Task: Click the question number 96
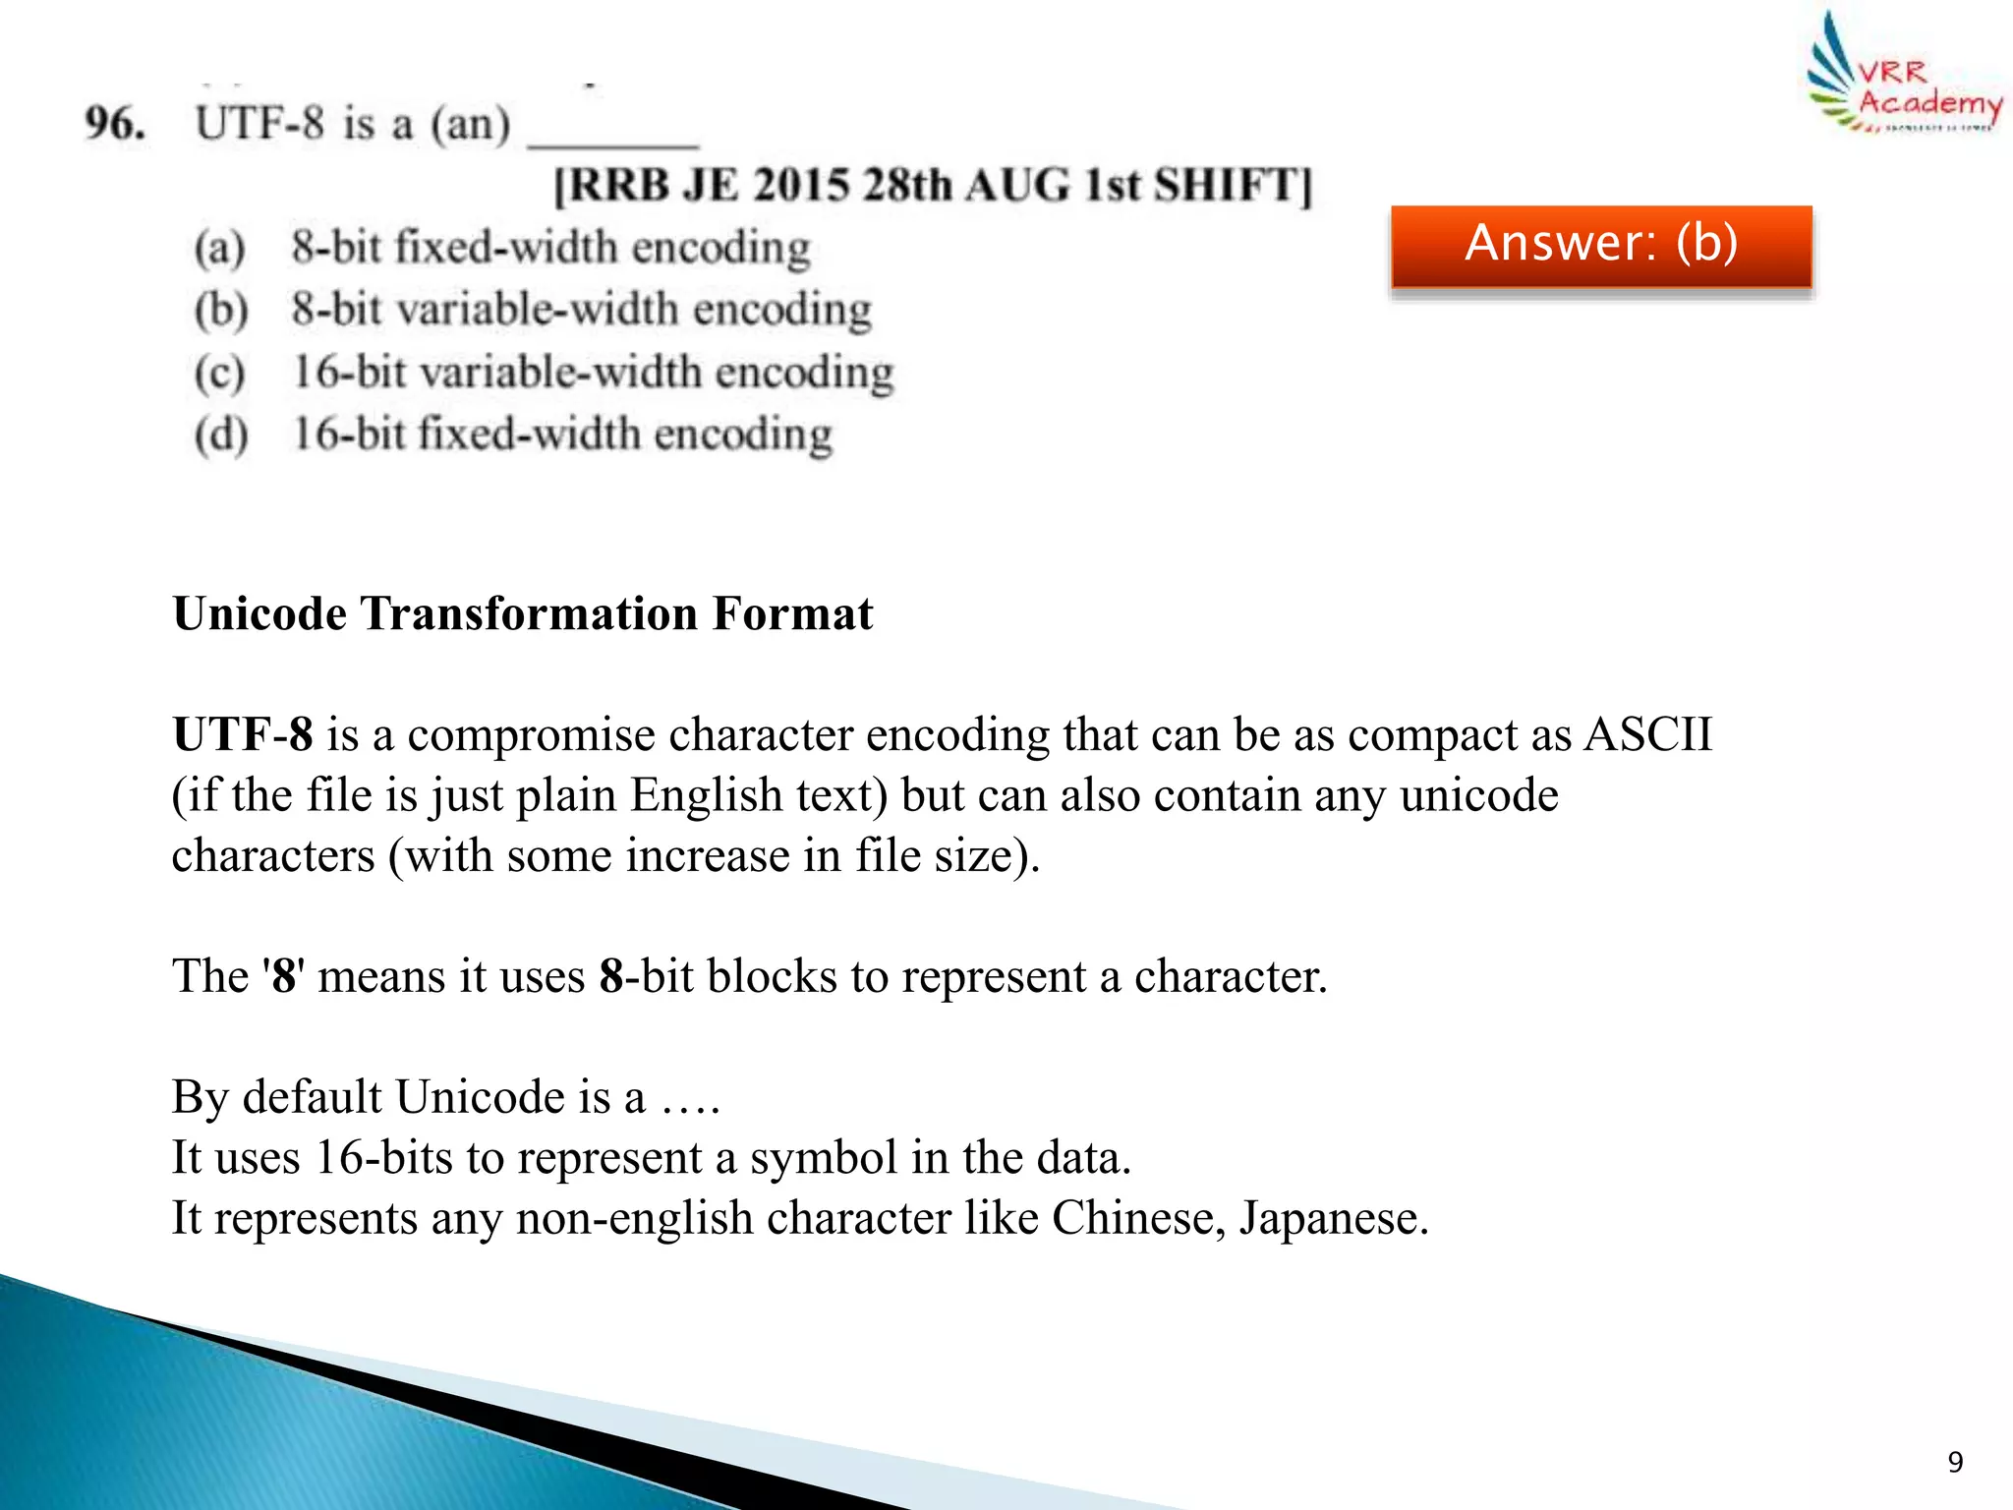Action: (115, 124)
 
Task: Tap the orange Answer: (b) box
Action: (1601, 245)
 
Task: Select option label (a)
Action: (219, 248)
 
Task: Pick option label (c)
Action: (219, 374)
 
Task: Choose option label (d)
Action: (220, 436)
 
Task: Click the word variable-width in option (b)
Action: (538, 311)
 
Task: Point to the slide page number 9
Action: (1955, 1462)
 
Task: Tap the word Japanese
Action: (1332, 1218)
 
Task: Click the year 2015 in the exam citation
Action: (801, 186)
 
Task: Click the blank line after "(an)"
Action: (613, 141)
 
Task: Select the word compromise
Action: (531, 735)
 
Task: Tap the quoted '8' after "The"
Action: (283, 977)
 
